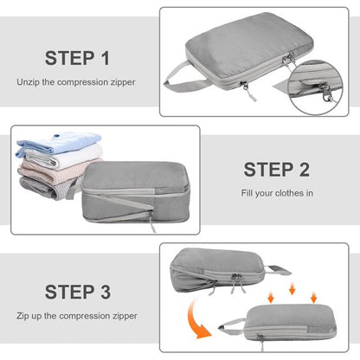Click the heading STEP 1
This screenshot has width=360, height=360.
click(x=78, y=59)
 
